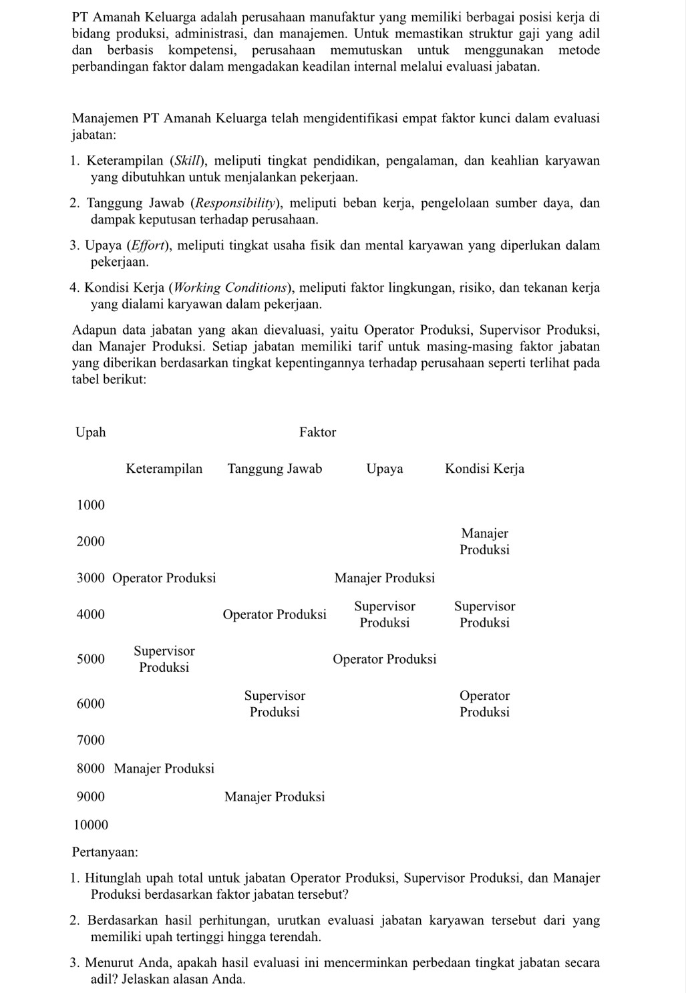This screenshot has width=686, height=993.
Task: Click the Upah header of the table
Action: pos(91,432)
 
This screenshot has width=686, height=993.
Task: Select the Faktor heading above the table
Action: pos(317,432)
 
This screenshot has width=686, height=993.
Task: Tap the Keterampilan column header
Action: pos(164,469)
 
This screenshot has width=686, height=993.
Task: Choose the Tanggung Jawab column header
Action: pos(275,469)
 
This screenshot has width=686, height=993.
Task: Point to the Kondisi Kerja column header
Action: pos(484,469)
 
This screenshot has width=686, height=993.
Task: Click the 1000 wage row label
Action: pos(91,505)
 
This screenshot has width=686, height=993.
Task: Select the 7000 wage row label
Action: pos(91,740)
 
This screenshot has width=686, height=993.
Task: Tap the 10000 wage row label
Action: pos(90,825)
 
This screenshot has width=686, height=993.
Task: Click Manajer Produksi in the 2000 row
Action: pos(484,542)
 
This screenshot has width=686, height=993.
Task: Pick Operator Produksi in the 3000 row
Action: pos(164,578)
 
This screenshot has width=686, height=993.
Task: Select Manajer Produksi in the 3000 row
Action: pos(384,578)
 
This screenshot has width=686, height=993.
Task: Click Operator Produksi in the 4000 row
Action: pos(275,614)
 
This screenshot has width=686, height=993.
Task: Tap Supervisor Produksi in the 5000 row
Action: pos(164,659)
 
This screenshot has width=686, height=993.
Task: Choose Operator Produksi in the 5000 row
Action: pos(384,660)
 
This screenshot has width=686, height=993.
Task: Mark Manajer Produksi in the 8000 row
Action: pos(164,769)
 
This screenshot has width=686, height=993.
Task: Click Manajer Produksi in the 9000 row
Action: pos(275,797)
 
